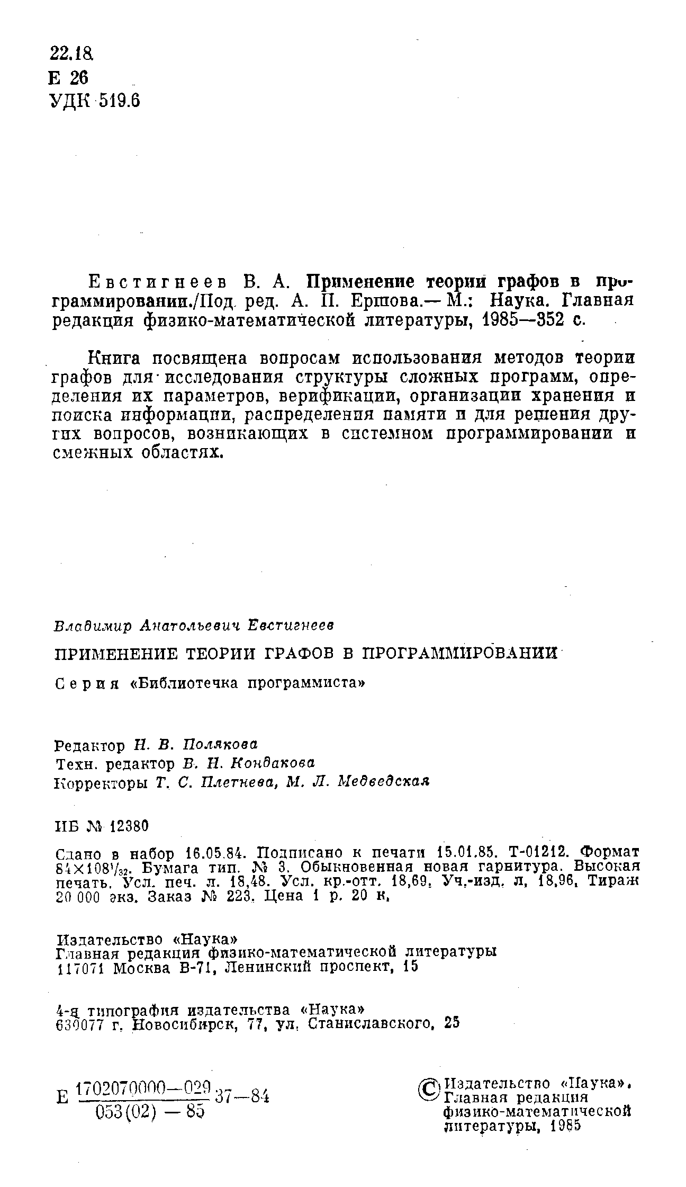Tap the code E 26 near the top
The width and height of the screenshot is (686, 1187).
point(67,78)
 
